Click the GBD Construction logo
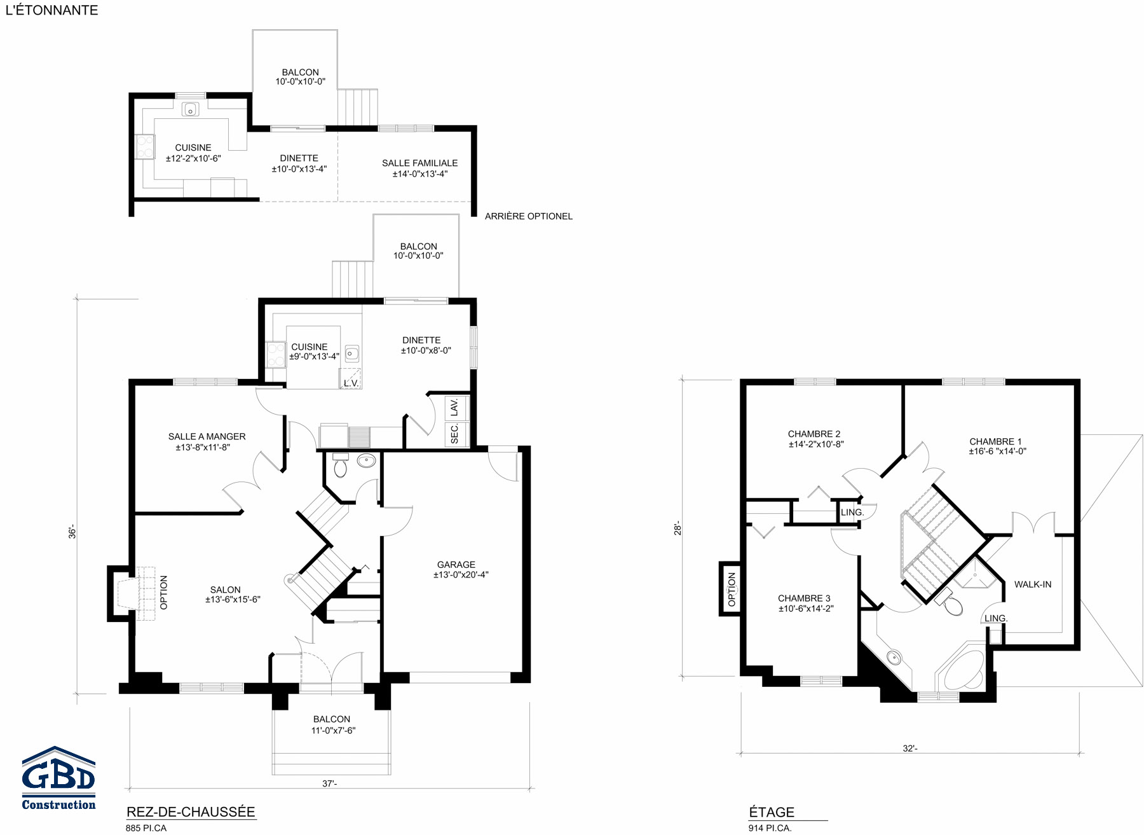pyautogui.click(x=58, y=778)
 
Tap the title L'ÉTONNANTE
pyautogui.click(x=51, y=10)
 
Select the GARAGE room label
pyautogui.click(x=456, y=565)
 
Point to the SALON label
pyautogui.click(x=226, y=590)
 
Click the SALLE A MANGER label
pyautogui.click(x=207, y=436)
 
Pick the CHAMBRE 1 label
pyautogui.click(x=995, y=441)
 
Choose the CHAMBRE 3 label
pyautogui.click(x=804, y=598)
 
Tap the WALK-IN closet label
pyautogui.click(x=1033, y=584)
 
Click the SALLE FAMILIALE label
pyautogui.click(x=419, y=163)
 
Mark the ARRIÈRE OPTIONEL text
pyautogui.click(x=529, y=216)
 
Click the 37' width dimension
pyautogui.click(x=329, y=783)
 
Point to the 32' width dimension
pyautogui.click(x=910, y=749)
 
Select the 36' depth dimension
pyautogui.click(x=72, y=532)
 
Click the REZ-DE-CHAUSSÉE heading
pyautogui.click(x=191, y=812)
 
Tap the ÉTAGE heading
pyautogui.click(x=772, y=812)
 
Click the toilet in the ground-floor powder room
pyautogui.click(x=341, y=465)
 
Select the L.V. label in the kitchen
pyautogui.click(x=351, y=383)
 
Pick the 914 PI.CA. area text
pyautogui.click(x=770, y=828)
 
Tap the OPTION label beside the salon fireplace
pyautogui.click(x=164, y=593)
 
